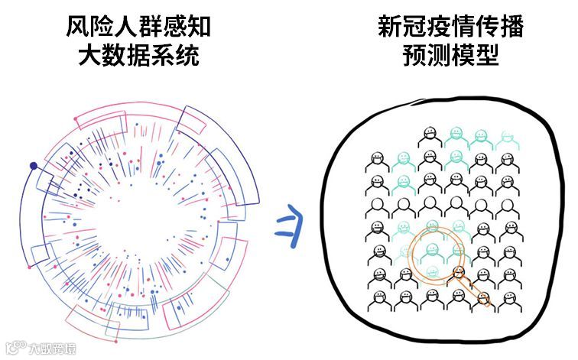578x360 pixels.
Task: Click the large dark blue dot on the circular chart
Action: (33, 166)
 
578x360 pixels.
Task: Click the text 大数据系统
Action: (138, 56)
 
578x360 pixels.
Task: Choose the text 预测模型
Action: (451, 56)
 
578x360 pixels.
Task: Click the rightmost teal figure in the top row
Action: (505, 138)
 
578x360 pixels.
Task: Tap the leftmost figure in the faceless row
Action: (379, 206)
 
